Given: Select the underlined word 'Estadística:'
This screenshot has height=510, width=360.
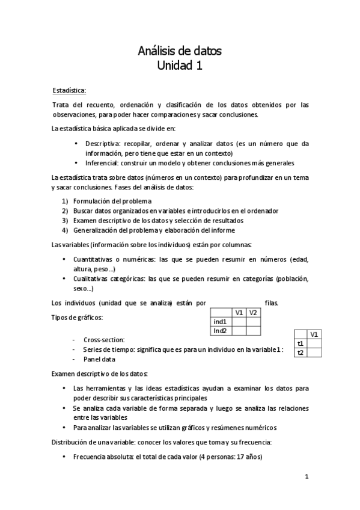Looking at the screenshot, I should (x=70, y=91).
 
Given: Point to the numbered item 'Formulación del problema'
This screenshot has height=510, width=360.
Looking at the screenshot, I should (x=112, y=201).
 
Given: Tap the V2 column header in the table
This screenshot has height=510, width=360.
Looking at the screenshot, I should (x=253, y=313).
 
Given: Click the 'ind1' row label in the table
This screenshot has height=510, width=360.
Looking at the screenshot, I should (x=220, y=322).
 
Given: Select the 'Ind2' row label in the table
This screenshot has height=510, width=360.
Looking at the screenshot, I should (x=220, y=331).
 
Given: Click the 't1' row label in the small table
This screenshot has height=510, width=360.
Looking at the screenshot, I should (x=301, y=343).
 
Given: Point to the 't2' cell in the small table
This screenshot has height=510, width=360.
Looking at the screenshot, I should (x=301, y=352).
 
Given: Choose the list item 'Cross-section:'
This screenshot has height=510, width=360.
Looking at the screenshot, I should (x=104, y=340).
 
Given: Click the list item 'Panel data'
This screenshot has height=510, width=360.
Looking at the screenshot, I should (x=99, y=359).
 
